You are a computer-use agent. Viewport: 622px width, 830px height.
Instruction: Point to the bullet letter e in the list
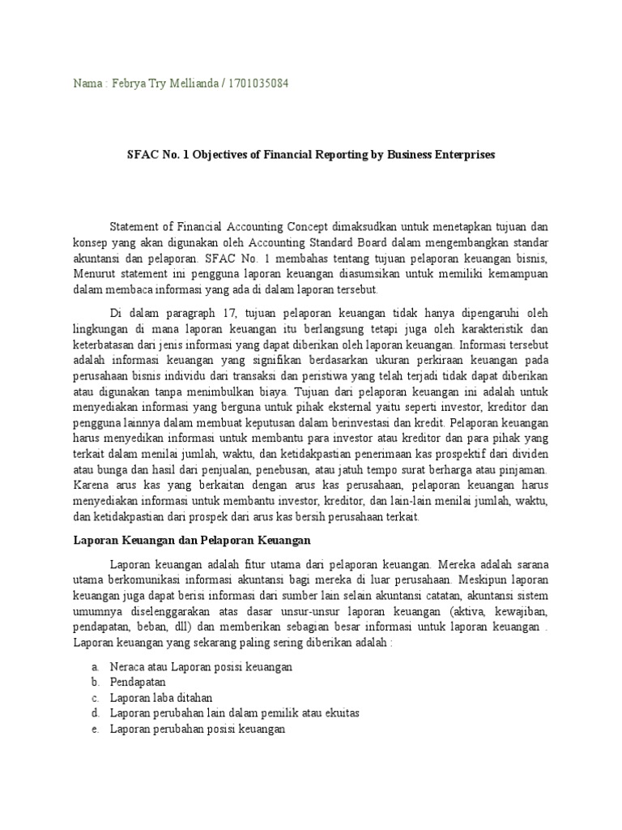coord(95,729)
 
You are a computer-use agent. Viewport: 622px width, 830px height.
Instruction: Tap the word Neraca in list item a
coord(127,666)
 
